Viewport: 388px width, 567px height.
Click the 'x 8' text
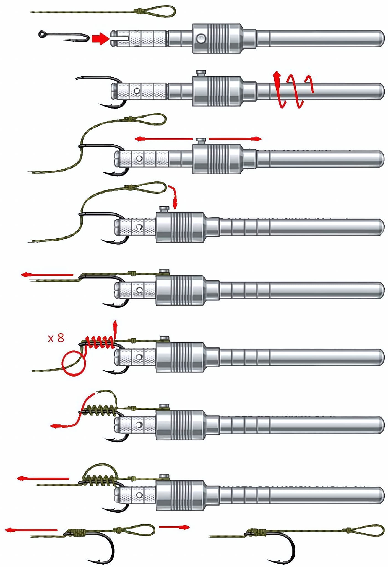[x=56, y=338]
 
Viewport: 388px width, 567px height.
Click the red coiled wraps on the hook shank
[x=100, y=342]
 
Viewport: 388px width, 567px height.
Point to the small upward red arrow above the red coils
[x=115, y=329]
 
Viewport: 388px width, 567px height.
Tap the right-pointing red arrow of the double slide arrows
[x=235, y=139]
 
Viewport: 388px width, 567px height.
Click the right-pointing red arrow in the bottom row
[x=174, y=527]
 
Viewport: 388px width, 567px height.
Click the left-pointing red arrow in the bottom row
[x=31, y=530]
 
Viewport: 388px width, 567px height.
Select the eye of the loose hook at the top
[x=42, y=34]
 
